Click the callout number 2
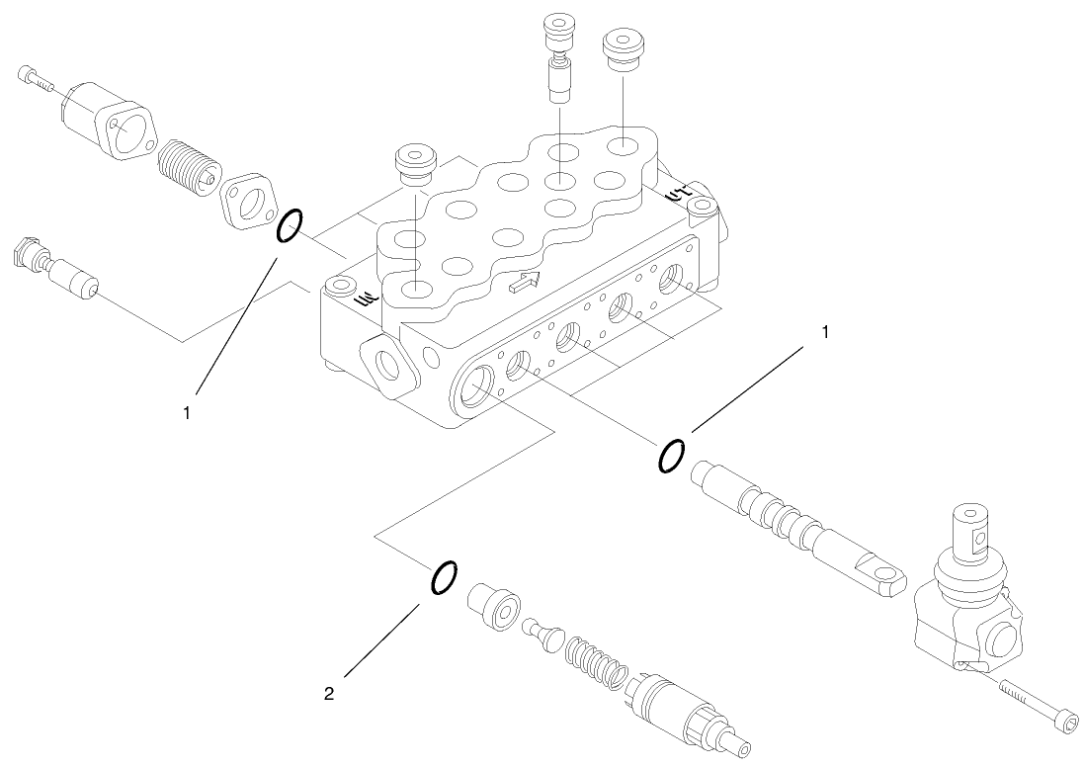click(x=329, y=694)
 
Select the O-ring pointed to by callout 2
click(x=443, y=578)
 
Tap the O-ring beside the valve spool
click(x=670, y=456)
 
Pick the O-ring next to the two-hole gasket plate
click(x=289, y=225)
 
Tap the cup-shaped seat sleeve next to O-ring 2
click(x=493, y=604)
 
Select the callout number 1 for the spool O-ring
click(x=823, y=332)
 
